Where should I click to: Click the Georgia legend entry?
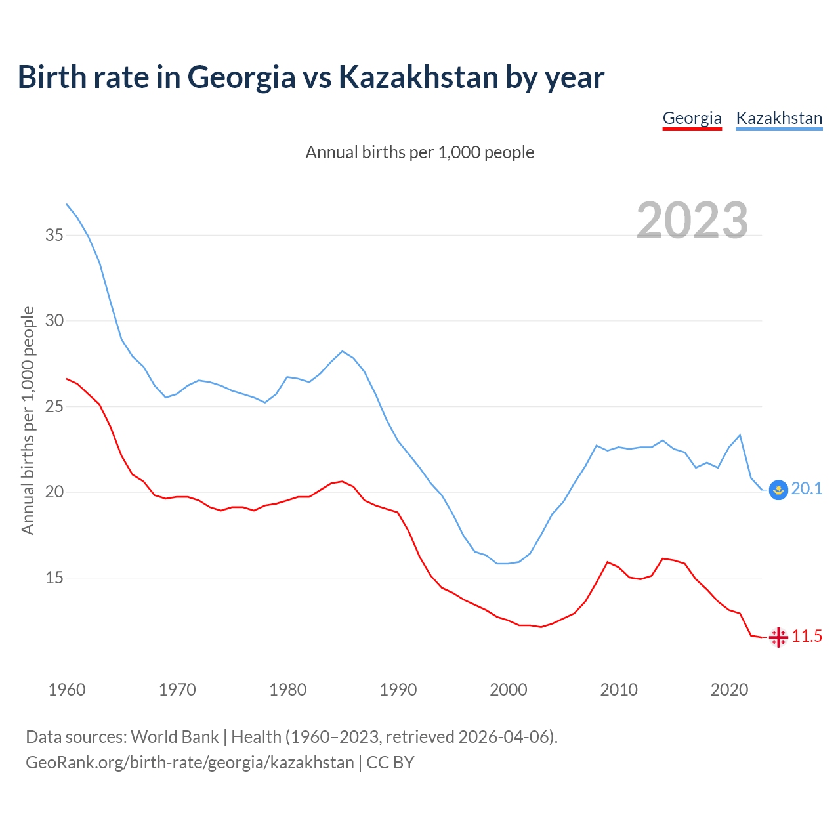(692, 118)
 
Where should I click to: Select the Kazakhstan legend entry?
(779, 118)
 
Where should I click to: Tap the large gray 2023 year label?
(692, 220)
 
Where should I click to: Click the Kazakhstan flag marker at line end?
(778, 490)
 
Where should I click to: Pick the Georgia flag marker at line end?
(778, 637)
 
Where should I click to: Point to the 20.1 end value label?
(807, 489)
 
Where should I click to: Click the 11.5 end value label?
(807, 636)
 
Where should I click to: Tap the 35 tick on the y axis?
(54, 235)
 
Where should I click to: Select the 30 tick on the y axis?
(54, 321)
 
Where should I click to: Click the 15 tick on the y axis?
(54, 578)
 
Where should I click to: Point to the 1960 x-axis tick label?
(67, 690)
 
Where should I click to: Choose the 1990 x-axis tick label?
(398, 690)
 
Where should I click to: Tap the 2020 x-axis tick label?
(729, 690)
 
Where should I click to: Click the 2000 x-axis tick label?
(509, 690)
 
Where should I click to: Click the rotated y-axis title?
(28, 421)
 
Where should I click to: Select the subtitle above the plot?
(420, 152)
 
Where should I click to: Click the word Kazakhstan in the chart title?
(418, 77)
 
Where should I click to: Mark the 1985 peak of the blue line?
(343, 351)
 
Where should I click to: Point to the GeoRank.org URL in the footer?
(190, 763)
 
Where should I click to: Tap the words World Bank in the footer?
(175, 737)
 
